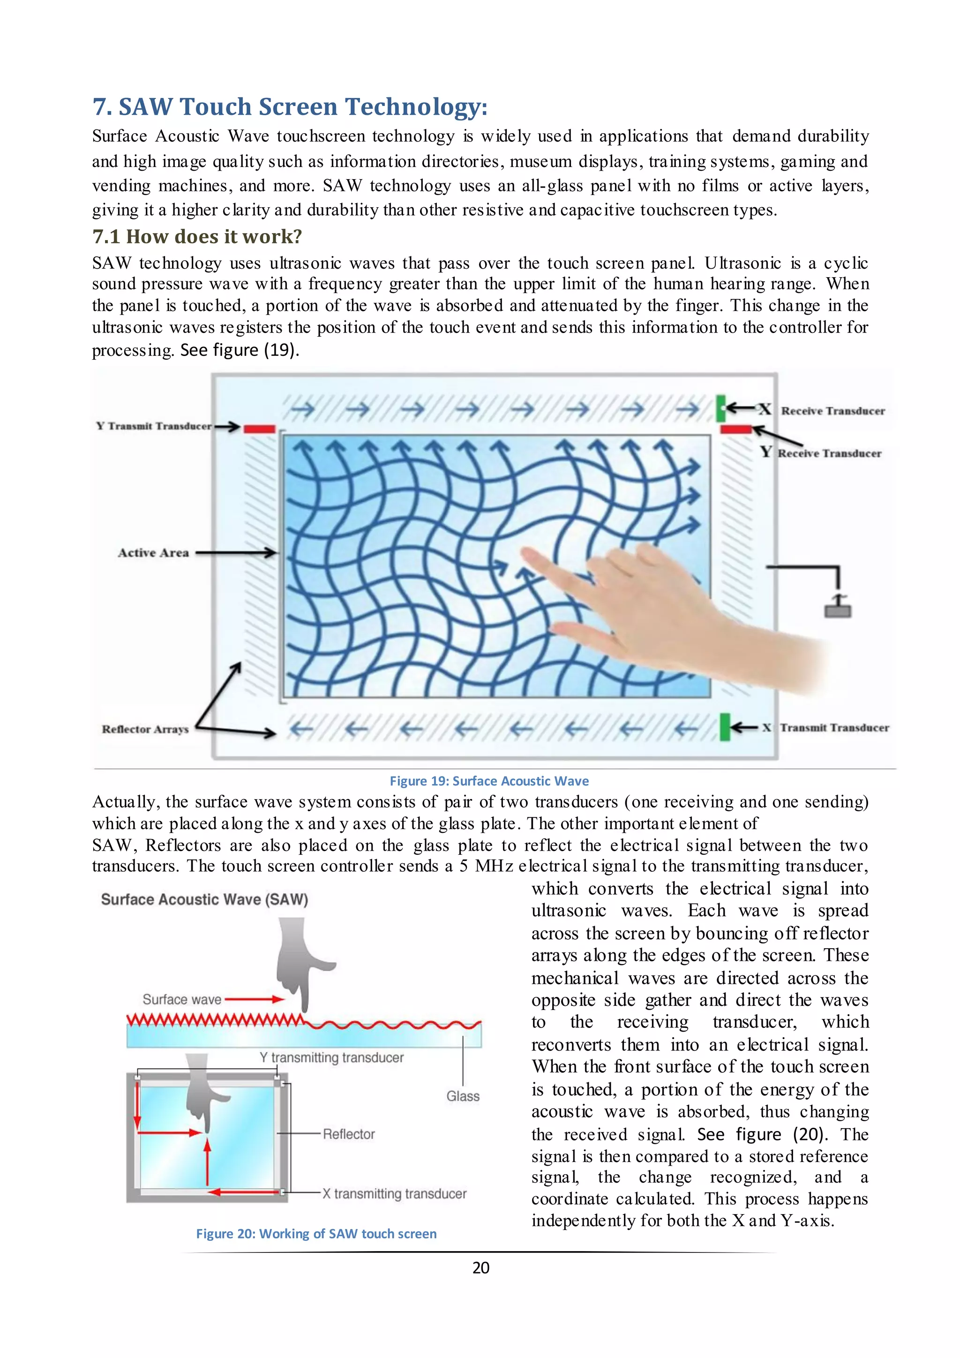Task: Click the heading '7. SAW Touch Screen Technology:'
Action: coord(290,107)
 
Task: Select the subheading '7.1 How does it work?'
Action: coord(197,237)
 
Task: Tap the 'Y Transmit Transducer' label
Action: coord(154,426)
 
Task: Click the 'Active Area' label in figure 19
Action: coord(153,553)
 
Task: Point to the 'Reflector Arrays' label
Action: coord(145,729)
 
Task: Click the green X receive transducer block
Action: coord(720,408)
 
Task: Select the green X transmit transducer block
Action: coord(725,727)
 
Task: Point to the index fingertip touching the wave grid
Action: coord(525,553)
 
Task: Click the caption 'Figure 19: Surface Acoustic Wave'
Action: coord(489,781)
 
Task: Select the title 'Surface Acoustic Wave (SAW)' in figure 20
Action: coord(204,899)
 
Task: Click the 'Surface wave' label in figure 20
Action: coord(181,1000)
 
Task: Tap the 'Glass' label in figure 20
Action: coord(463,1096)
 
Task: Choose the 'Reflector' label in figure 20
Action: coord(349,1134)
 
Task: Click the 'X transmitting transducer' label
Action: coord(394,1193)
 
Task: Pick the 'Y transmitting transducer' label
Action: coord(331,1057)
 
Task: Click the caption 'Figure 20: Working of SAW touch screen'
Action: coord(316,1234)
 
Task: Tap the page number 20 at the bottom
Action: coord(480,1267)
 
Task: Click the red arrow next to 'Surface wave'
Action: coord(254,1000)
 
